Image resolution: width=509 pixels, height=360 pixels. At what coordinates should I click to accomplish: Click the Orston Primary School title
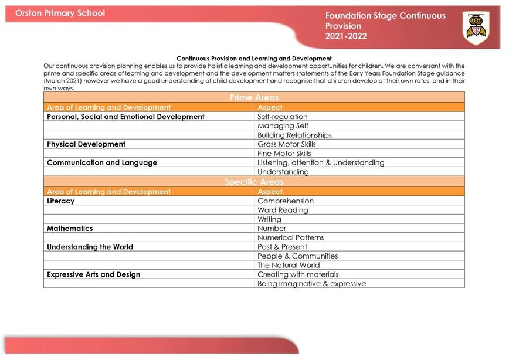pyautogui.click(x=60, y=13)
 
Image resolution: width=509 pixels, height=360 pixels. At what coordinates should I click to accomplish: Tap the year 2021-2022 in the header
pyautogui.click(x=346, y=36)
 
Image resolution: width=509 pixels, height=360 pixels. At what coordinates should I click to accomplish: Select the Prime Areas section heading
pyautogui.click(x=254, y=97)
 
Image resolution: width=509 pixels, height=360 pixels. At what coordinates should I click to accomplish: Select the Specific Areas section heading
pyautogui.click(x=254, y=182)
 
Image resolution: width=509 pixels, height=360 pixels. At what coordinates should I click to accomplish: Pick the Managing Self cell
pyautogui.click(x=283, y=125)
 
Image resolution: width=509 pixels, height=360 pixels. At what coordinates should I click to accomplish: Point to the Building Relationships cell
pyautogui.click(x=294, y=135)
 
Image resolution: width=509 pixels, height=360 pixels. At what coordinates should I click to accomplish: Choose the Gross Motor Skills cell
pyautogui.click(x=287, y=144)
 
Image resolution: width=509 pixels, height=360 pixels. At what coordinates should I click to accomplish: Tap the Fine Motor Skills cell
pyautogui.click(x=284, y=154)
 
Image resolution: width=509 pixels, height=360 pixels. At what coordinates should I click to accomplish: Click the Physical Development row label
pyautogui.click(x=86, y=144)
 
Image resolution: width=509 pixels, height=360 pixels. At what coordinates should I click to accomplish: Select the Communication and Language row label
pyautogui.click(x=102, y=163)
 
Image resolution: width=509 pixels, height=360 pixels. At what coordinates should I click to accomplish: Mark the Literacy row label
pyautogui.click(x=61, y=201)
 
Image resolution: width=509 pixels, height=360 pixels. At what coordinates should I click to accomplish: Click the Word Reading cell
pyautogui.click(x=283, y=210)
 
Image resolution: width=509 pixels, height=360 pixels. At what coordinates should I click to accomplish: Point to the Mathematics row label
pyautogui.click(x=70, y=229)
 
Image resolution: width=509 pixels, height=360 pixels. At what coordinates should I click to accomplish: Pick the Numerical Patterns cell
pyautogui.click(x=290, y=237)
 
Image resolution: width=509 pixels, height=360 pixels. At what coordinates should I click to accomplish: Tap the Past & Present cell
pyautogui.click(x=282, y=247)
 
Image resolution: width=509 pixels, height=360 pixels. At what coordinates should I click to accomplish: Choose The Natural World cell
pyautogui.click(x=289, y=265)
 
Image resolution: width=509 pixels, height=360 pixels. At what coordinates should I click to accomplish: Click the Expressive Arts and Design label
pyautogui.click(x=94, y=274)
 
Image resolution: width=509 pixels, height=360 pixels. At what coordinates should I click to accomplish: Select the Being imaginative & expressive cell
pyautogui.click(x=311, y=284)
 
